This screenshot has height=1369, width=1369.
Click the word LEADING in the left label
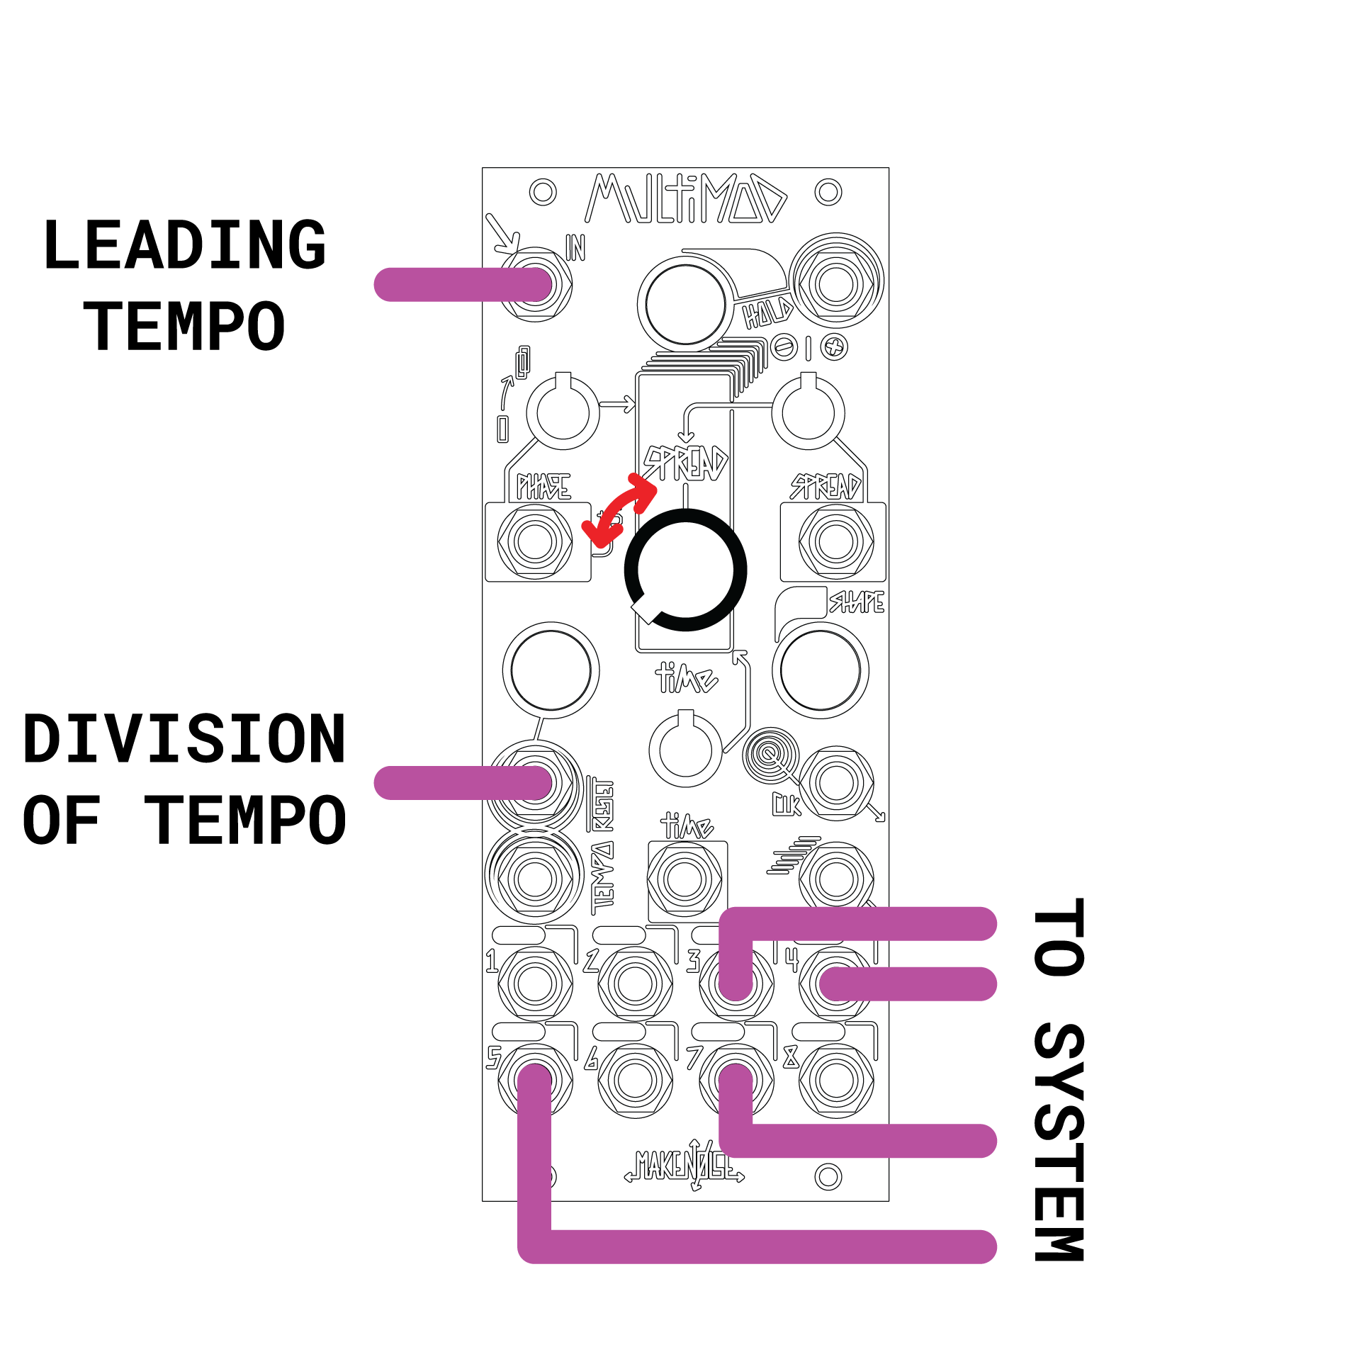tap(184, 244)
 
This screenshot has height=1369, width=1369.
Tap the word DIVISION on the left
tap(184, 739)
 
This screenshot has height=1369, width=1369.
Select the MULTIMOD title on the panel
tap(685, 199)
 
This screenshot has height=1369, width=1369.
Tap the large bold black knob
tap(685, 570)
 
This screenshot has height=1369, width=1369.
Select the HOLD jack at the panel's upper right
tap(836, 283)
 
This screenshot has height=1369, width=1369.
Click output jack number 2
tap(635, 984)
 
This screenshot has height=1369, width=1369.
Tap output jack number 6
tap(635, 1081)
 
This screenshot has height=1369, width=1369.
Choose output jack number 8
tap(836, 1081)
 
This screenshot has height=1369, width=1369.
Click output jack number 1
tap(535, 984)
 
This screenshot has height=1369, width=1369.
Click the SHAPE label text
tap(857, 602)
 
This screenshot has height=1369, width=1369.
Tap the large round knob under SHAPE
tap(820, 670)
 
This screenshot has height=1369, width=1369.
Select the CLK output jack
tap(836, 783)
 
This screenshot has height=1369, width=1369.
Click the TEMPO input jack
tap(535, 879)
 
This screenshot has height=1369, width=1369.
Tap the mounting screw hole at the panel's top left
tap(543, 192)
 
